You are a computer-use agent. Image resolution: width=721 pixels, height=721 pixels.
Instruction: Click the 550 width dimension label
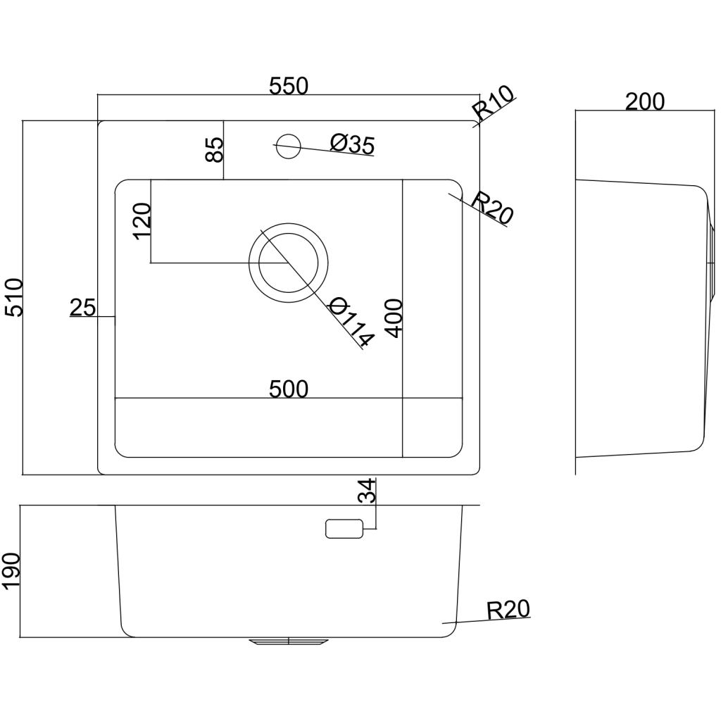[x=289, y=86]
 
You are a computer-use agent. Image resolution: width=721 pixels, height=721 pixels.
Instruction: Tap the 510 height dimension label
[x=15, y=297]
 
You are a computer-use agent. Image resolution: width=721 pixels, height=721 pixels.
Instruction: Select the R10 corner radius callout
[x=494, y=104]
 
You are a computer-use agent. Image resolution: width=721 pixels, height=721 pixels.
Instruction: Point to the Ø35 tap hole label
[x=351, y=144]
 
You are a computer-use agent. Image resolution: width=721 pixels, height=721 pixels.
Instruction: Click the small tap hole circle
[x=287, y=146]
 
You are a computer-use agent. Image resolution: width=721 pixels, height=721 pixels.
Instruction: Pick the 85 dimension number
[x=215, y=149]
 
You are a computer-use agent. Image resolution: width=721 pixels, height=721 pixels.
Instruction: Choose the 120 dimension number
[x=142, y=221]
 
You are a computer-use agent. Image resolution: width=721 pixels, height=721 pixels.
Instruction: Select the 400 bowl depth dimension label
[x=393, y=318]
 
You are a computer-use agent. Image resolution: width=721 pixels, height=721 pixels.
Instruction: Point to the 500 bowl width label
[x=288, y=389]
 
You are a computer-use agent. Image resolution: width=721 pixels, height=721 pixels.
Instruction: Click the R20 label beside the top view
[x=491, y=208]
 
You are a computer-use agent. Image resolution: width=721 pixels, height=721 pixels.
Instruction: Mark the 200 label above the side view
[x=644, y=102]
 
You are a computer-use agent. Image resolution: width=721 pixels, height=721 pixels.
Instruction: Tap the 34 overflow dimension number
[x=368, y=490]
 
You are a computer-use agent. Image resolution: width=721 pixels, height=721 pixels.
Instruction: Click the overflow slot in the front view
[x=344, y=528]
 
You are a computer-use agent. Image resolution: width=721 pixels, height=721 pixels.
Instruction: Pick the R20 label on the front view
[x=508, y=610]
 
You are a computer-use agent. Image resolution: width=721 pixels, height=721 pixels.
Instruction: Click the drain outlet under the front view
[x=289, y=641]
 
